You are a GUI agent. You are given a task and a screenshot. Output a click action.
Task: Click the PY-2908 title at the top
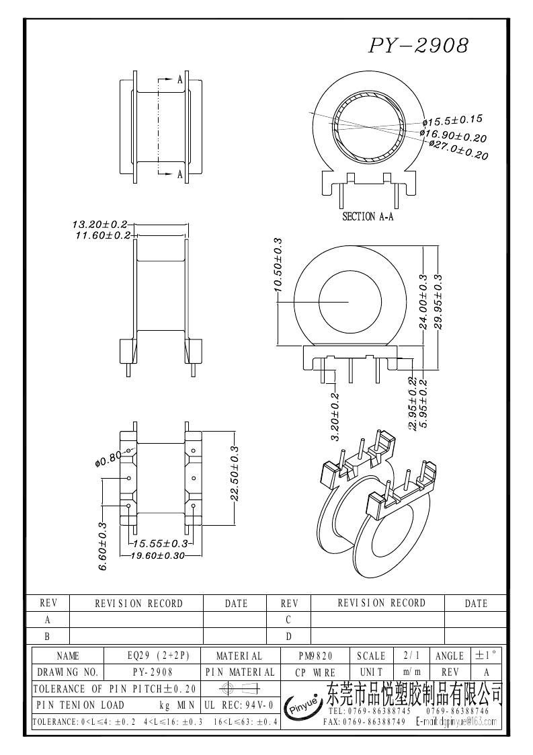pyautogui.click(x=418, y=46)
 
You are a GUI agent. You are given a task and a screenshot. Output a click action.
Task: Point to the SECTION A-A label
pyautogui.click(x=368, y=216)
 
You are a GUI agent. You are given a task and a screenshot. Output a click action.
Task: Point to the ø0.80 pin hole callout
pyautogui.click(x=108, y=459)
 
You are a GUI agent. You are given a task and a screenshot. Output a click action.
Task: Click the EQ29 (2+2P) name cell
pyautogui.click(x=154, y=655)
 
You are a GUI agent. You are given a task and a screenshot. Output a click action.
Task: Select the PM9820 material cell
pyautogui.click(x=315, y=655)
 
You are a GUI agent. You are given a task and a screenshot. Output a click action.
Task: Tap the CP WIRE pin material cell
pyautogui.click(x=315, y=672)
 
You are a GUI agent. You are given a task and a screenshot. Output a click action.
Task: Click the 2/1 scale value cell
pyautogui.click(x=409, y=655)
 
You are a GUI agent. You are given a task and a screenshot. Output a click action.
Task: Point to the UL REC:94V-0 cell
pyautogui.click(x=239, y=705)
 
